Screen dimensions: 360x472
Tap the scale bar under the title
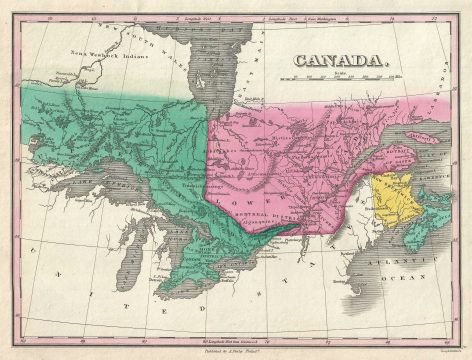[x=339, y=77]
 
